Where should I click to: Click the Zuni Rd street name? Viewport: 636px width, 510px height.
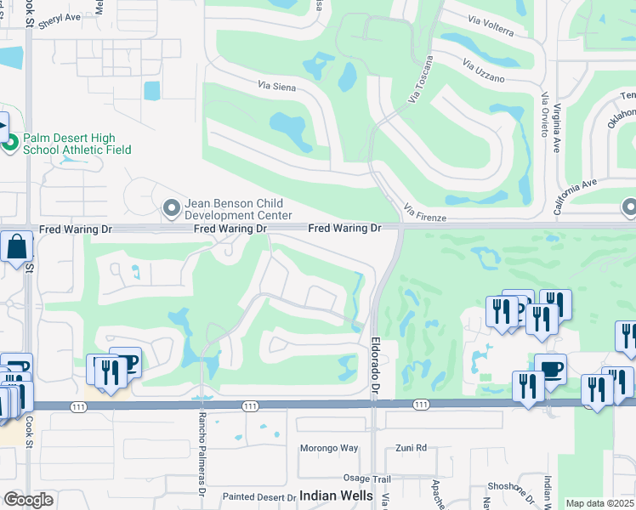pos(410,448)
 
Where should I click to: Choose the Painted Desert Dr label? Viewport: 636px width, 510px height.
pos(257,496)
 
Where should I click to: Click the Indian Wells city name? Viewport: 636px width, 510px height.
pos(337,496)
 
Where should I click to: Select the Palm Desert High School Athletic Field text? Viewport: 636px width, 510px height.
pos(77,143)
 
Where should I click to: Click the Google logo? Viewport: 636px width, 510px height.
pos(29,500)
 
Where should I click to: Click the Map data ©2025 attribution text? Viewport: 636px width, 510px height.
pos(599,503)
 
